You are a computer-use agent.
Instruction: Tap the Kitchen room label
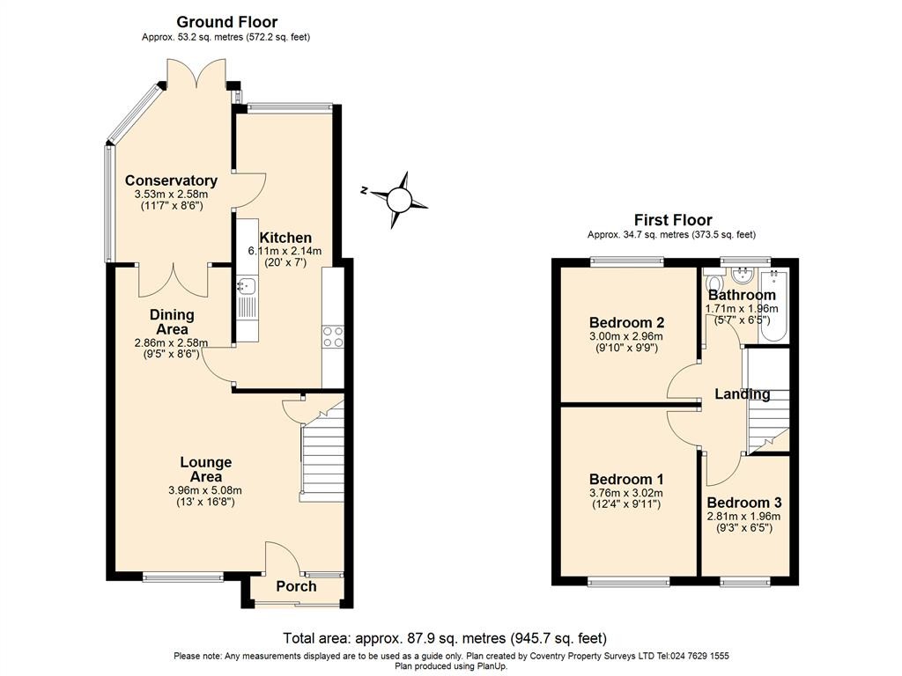[285, 238]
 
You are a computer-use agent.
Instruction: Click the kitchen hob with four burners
[334, 337]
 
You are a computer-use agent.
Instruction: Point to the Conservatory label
[171, 180]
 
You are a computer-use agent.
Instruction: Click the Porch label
[296, 587]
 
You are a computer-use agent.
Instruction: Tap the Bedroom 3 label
[743, 503]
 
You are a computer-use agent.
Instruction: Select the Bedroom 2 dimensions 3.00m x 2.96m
[626, 336]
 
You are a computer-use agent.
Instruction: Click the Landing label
[743, 394]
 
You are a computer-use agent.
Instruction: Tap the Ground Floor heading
[226, 22]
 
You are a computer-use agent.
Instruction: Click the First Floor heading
[673, 220]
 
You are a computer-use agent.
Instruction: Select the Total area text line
[445, 638]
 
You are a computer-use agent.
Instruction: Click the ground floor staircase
[322, 458]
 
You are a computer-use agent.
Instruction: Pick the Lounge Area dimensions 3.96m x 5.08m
[205, 490]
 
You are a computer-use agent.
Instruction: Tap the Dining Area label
[172, 322]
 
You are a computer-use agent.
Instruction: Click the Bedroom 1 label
[626, 479]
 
